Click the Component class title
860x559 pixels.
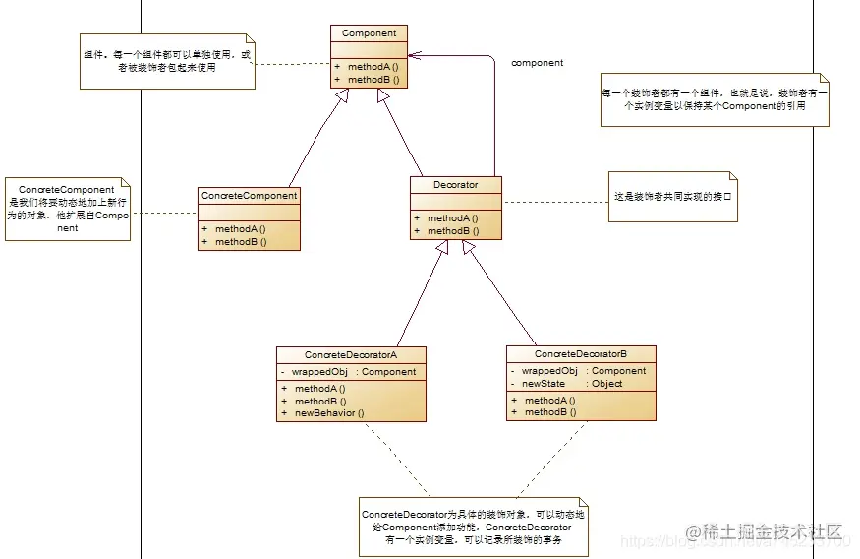tap(369, 33)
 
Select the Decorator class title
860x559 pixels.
tap(455, 184)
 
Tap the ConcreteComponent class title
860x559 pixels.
tap(249, 196)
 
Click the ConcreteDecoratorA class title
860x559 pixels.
tap(351, 354)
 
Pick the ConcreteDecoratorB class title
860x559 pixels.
tap(581, 353)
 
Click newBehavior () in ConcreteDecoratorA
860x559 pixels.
tap(329, 413)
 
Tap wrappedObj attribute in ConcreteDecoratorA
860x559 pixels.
tap(321, 372)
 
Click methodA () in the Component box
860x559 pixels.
tap(373, 67)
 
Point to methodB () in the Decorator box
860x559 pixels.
tap(452, 231)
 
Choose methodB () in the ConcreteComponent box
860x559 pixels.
tap(241, 241)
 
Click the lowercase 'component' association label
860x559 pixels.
tap(537, 63)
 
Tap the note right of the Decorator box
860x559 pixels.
tap(674, 197)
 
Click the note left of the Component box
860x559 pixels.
tap(165, 62)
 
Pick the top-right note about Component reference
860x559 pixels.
tap(715, 98)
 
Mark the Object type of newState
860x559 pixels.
tap(607, 383)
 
